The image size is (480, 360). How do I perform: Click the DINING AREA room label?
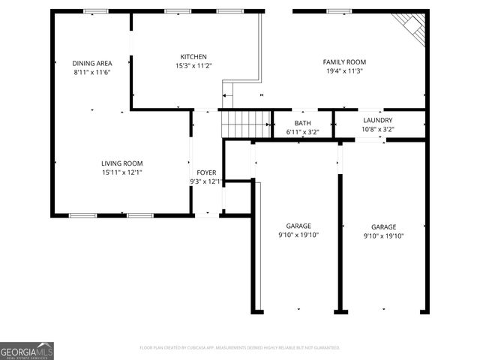pos(92,63)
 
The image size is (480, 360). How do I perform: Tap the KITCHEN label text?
pos(193,57)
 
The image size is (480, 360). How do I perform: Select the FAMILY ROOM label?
pos(344,62)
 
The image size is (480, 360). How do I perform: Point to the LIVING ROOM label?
pos(122,163)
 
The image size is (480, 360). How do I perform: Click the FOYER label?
pos(206,172)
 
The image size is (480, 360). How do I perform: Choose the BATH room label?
pos(303,123)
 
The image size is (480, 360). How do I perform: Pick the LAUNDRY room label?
pos(377,120)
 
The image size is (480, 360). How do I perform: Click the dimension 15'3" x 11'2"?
pos(193,66)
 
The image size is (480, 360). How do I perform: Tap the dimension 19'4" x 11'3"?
pos(344,71)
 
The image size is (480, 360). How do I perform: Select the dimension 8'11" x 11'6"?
pos(92,73)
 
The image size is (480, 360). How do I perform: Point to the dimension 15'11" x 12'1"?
pos(122,172)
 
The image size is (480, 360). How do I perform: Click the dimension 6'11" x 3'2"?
pos(303,132)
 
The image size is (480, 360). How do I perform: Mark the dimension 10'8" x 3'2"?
pos(377,129)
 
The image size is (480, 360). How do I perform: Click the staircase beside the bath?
pos(246,123)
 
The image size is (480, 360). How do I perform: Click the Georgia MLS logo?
pos(27,351)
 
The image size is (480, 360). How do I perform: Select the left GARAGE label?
pos(298,226)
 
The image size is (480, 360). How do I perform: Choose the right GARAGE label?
pos(383,226)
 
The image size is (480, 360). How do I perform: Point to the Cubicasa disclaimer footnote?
pos(240,348)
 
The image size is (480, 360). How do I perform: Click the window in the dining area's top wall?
pos(95,11)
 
